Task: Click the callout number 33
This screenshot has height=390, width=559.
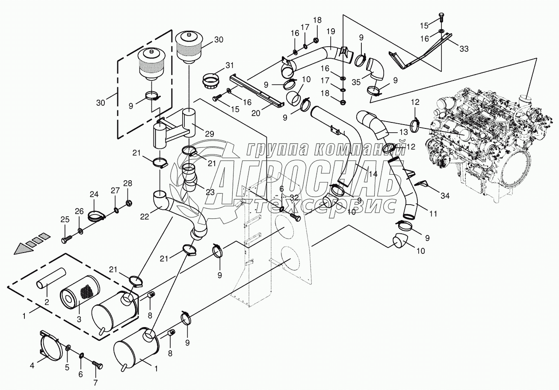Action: (x=464, y=48)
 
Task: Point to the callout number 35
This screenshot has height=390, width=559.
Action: (x=356, y=82)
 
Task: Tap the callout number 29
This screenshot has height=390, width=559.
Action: (x=210, y=134)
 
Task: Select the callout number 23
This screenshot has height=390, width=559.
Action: (x=210, y=192)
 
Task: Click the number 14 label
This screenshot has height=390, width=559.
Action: (x=373, y=174)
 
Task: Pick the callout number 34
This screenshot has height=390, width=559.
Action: (x=445, y=196)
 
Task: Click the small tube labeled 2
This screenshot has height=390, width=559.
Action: (x=50, y=277)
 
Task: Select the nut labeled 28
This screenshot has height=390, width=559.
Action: (x=129, y=202)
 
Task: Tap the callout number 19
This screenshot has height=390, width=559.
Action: (x=331, y=32)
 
